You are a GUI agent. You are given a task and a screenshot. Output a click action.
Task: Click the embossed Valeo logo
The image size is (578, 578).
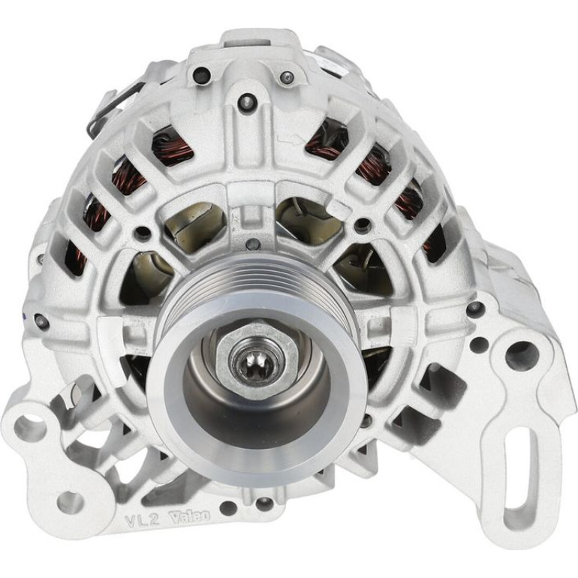189,517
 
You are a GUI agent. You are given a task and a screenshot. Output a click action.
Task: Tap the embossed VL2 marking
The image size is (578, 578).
142,520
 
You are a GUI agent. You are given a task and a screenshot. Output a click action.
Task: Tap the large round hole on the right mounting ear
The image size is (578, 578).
522,356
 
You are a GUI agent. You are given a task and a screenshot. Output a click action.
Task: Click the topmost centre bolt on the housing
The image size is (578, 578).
247,100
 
